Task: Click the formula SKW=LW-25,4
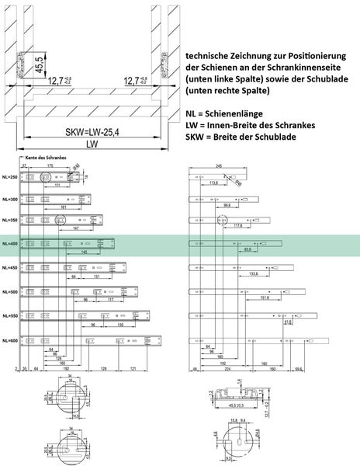coord(92,131)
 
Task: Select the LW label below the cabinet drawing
coord(92,144)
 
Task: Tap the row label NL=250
coord(10,178)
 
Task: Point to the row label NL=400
coord(10,243)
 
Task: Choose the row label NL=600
coord(10,341)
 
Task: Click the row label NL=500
coord(10,293)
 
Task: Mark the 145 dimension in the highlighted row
coord(83,252)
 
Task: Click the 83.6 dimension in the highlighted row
coord(247,250)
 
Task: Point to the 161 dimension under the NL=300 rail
coord(64,208)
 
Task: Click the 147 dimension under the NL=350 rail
coord(74,230)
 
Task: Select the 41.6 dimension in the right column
coord(289,321)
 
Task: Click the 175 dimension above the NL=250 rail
coord(49,165)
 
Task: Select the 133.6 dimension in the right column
coord(254,273)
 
